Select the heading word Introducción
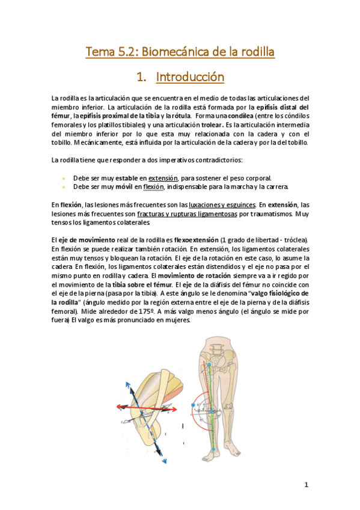[x=190, y=77]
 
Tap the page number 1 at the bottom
[x=306, y=485]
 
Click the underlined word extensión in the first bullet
[x=163, y=178]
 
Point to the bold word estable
[x=127, y=178]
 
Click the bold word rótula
[x=181, y=115]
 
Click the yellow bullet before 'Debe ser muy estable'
[x=63, y=179]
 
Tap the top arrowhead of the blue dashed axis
[x=127, y=382]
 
